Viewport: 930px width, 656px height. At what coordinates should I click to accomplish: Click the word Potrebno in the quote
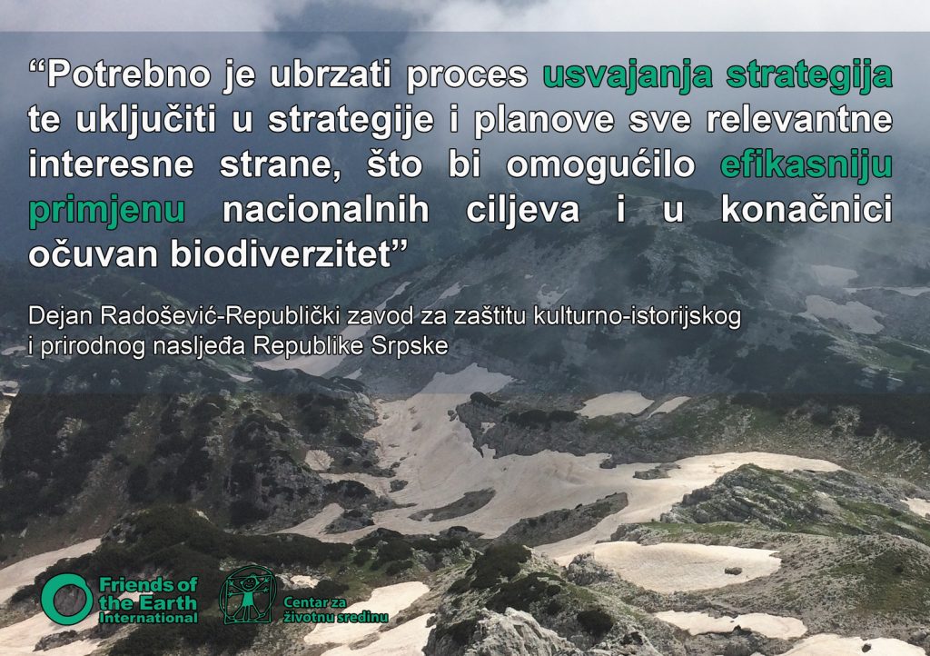click(x=129, y=75)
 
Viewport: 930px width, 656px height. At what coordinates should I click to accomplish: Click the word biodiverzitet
click(x=281, y=254)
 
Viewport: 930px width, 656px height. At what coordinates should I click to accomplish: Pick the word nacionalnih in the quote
click(x=326, y=209)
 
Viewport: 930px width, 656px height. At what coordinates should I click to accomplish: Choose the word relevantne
click(x=799, y=120)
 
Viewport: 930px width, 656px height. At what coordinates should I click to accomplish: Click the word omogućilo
click(x=600, y=165)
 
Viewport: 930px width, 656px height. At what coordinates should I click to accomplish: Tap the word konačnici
click(x=806, y=209)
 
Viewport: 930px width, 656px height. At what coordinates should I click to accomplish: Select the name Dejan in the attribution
click(x=61, y=317)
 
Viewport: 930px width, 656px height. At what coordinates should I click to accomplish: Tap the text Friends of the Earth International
click(x=148, y=601)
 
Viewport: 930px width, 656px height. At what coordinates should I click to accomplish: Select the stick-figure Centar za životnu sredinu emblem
click(x=247, y=595)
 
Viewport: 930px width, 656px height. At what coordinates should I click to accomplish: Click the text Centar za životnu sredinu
click(x=336, y=610)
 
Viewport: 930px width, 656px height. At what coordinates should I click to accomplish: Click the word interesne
click(x=112, y=164)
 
